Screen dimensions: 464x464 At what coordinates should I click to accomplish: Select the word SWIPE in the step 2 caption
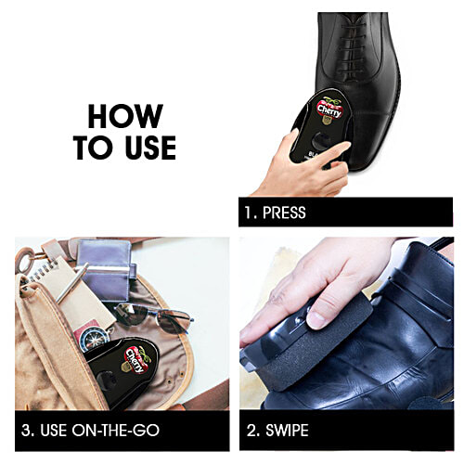pos(290,431)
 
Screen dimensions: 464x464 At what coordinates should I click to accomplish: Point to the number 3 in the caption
pos(28,431)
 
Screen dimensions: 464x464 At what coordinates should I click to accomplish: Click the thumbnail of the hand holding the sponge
pos(316,319)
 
